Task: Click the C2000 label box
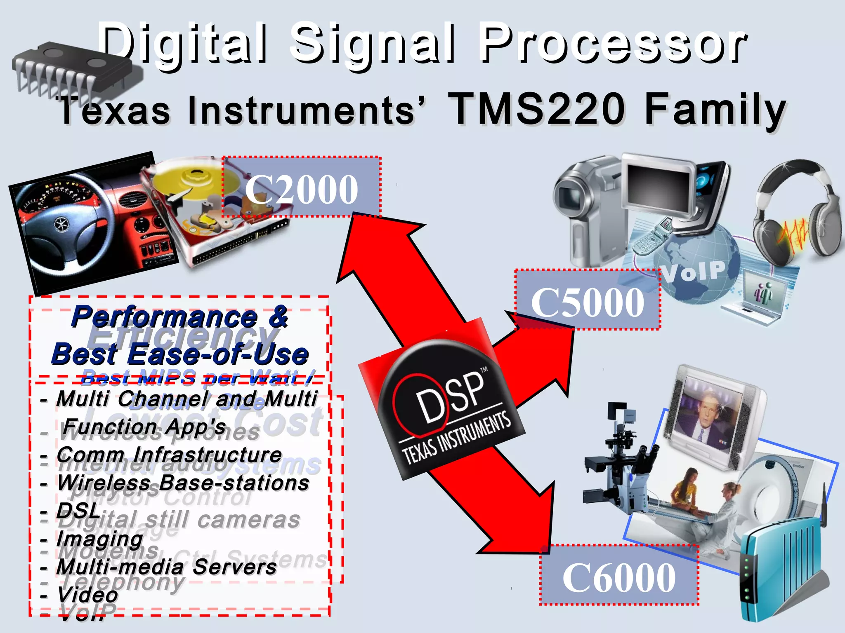[301, 188]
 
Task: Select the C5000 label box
[588, 300]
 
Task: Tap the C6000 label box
[619, 575]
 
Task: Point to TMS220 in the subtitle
[536, 109]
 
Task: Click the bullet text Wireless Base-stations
[183, 483]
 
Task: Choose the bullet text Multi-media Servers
[167, 567]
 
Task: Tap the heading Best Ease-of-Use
[180, 354]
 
